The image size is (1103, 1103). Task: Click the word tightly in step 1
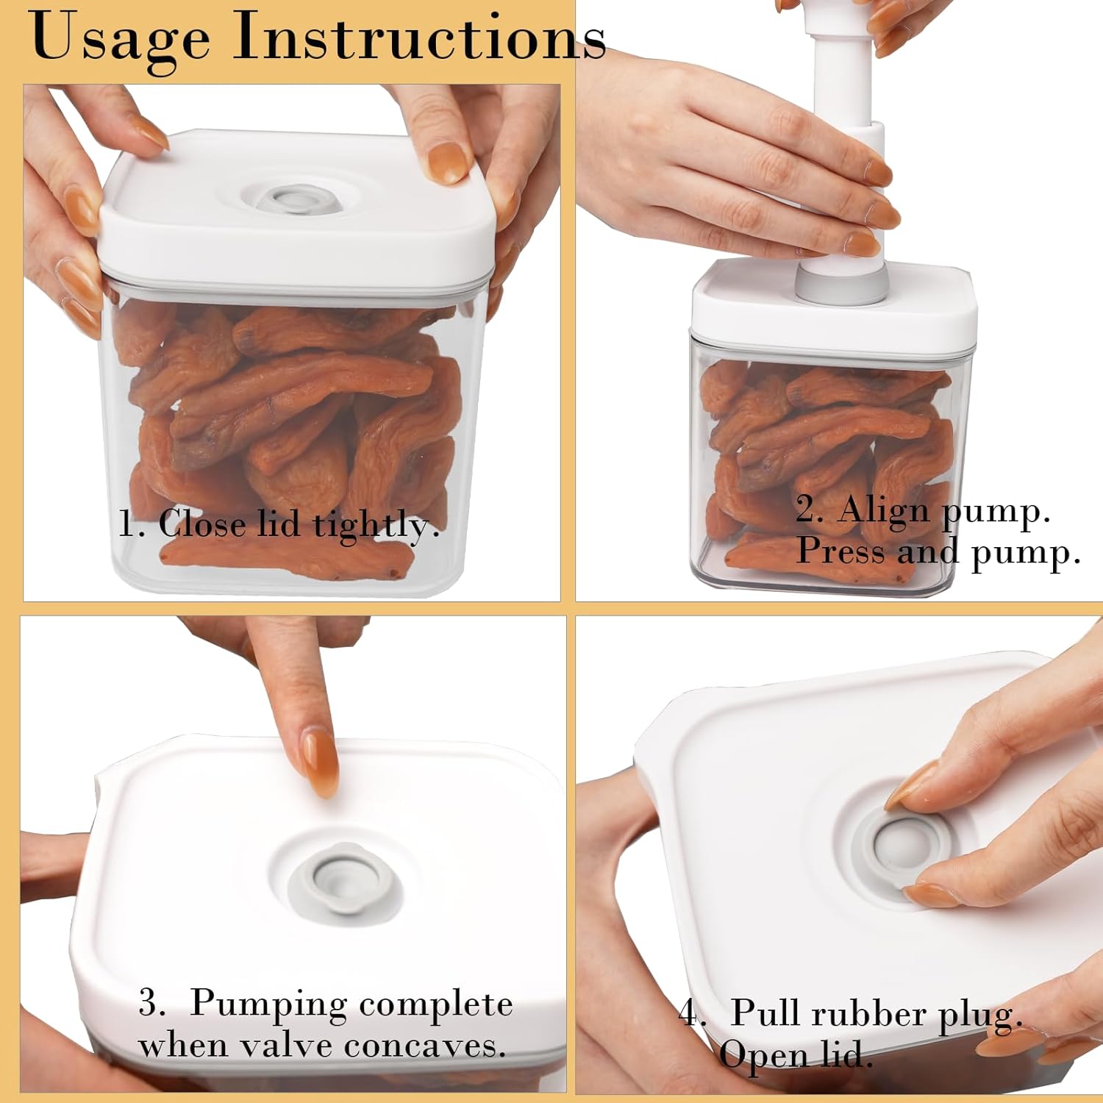376,525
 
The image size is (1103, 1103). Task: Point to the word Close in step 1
201,524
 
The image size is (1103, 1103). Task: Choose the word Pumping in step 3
268,1004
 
